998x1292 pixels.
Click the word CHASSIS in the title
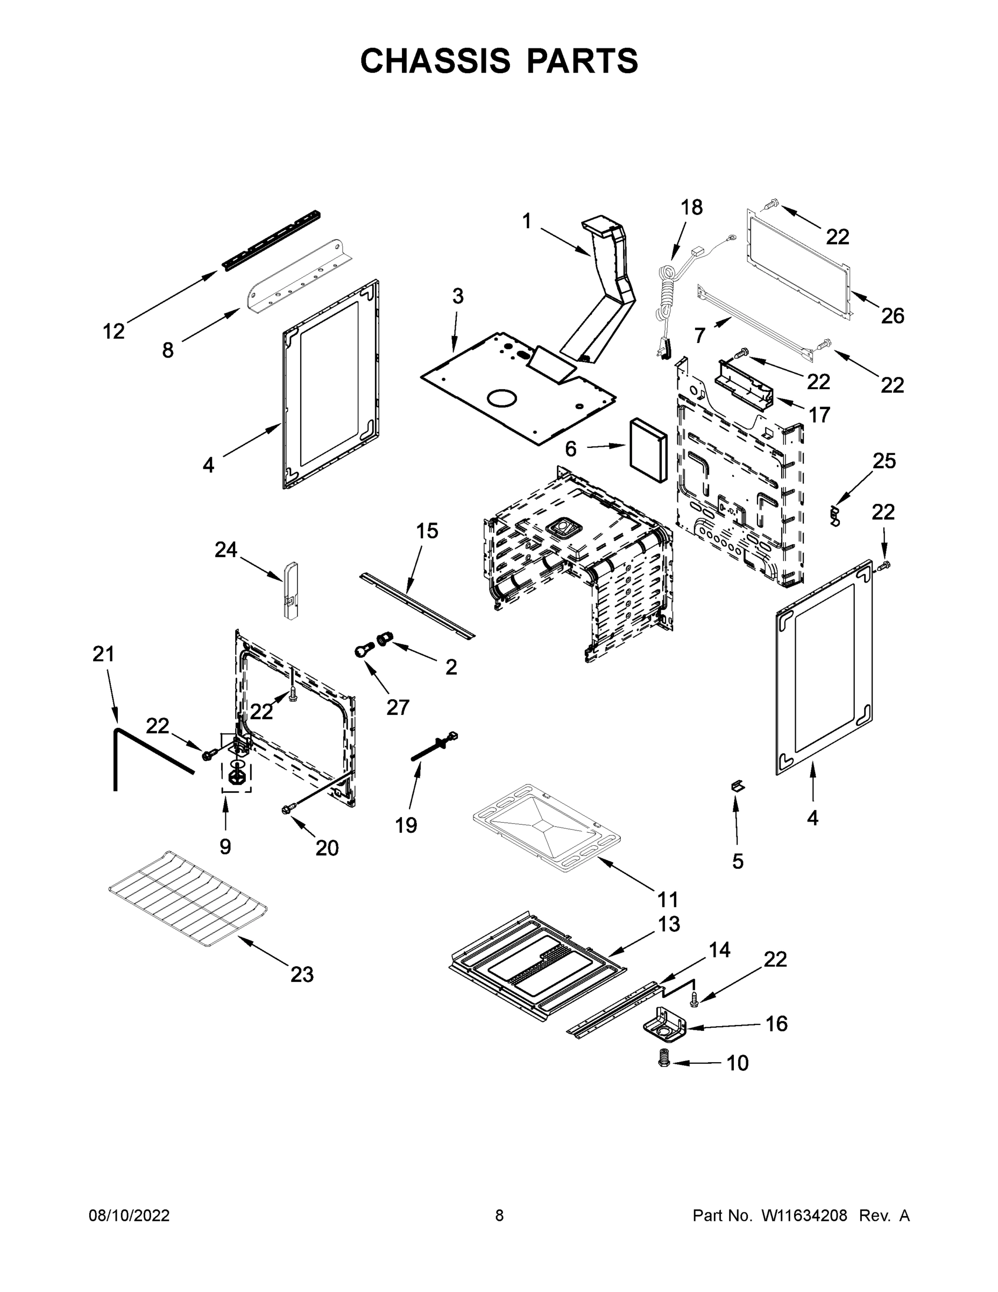pos(435,61)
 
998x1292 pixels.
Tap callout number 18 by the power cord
pos(691,208)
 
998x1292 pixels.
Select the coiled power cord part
pos(668,296)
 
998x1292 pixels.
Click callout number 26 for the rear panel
pos(892,316)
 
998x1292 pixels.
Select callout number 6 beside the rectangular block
pos(570,449)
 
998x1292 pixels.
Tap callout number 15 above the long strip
pos(426,531)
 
